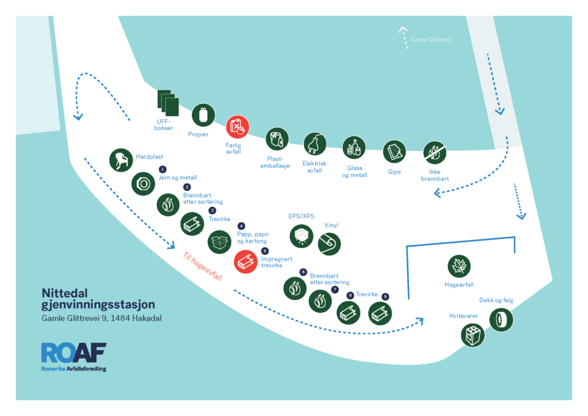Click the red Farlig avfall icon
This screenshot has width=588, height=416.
[x=237, y=127]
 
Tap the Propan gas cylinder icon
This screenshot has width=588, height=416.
[x=203, y=115]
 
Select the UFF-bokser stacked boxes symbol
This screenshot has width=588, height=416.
[x=168, y=103]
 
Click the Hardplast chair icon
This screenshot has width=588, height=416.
[x=121, y=160]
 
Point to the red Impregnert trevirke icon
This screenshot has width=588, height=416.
[x=246, y=261]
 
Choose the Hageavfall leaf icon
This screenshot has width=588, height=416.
[x=459, y=267]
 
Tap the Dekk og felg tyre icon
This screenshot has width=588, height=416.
[x=501, y=320]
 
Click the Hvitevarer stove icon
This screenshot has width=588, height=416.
[x=473, y=336]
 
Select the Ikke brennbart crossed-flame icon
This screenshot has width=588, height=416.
[x=435, y=153]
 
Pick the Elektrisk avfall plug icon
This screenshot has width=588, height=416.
[x=315, y=144]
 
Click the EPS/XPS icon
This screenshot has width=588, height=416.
[x=301, y=236]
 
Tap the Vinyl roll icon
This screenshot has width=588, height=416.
[x=329, y=244]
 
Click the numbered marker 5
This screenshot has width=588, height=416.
[x=265, y=251]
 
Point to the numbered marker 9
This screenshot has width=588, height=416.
[x=385, y=296]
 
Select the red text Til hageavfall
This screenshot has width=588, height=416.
[x=203, y=267]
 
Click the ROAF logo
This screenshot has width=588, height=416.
[x=74, y=357]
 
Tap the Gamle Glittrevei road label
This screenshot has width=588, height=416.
[x=431, y=40]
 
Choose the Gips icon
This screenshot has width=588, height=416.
[x=394, y=152]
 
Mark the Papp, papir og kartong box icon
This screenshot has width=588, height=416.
[x=219, y=242]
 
